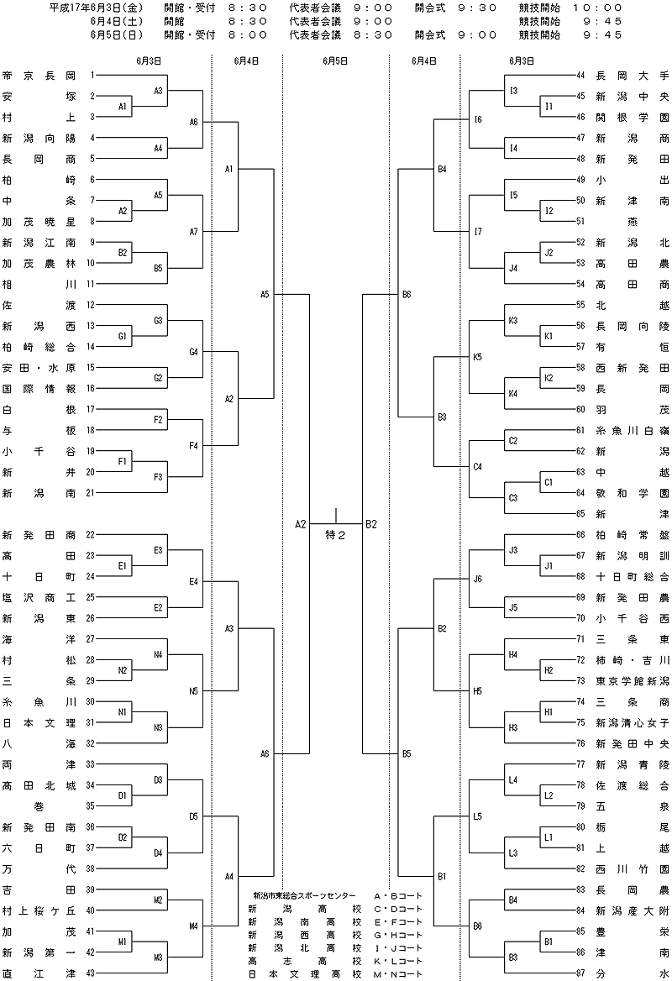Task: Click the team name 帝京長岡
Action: tap(39, 76)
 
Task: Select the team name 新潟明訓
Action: tap(632, 555)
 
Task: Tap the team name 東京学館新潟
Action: tap(632, 680)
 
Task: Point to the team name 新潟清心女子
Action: tap(632, 722)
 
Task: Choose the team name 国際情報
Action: tap(39, 389)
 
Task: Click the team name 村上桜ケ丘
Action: tap(39, 911)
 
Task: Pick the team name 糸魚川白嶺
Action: tap(632, 430)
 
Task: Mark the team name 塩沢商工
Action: tap(39, 597)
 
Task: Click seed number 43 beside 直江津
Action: tap(91, 973)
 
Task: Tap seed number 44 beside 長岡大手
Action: tap(580, 76)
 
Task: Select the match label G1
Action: tap(123, 337)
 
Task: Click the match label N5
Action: tap(193, 691)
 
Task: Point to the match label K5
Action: tap(477, 357)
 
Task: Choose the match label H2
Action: tap(549, 671)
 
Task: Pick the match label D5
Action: tap(193, 816)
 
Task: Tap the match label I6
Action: tap(477, 119)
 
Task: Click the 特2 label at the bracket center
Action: tap(335, 535)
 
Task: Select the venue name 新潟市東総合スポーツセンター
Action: tap(304, 896)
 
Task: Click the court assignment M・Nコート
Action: tap(398, 974)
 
